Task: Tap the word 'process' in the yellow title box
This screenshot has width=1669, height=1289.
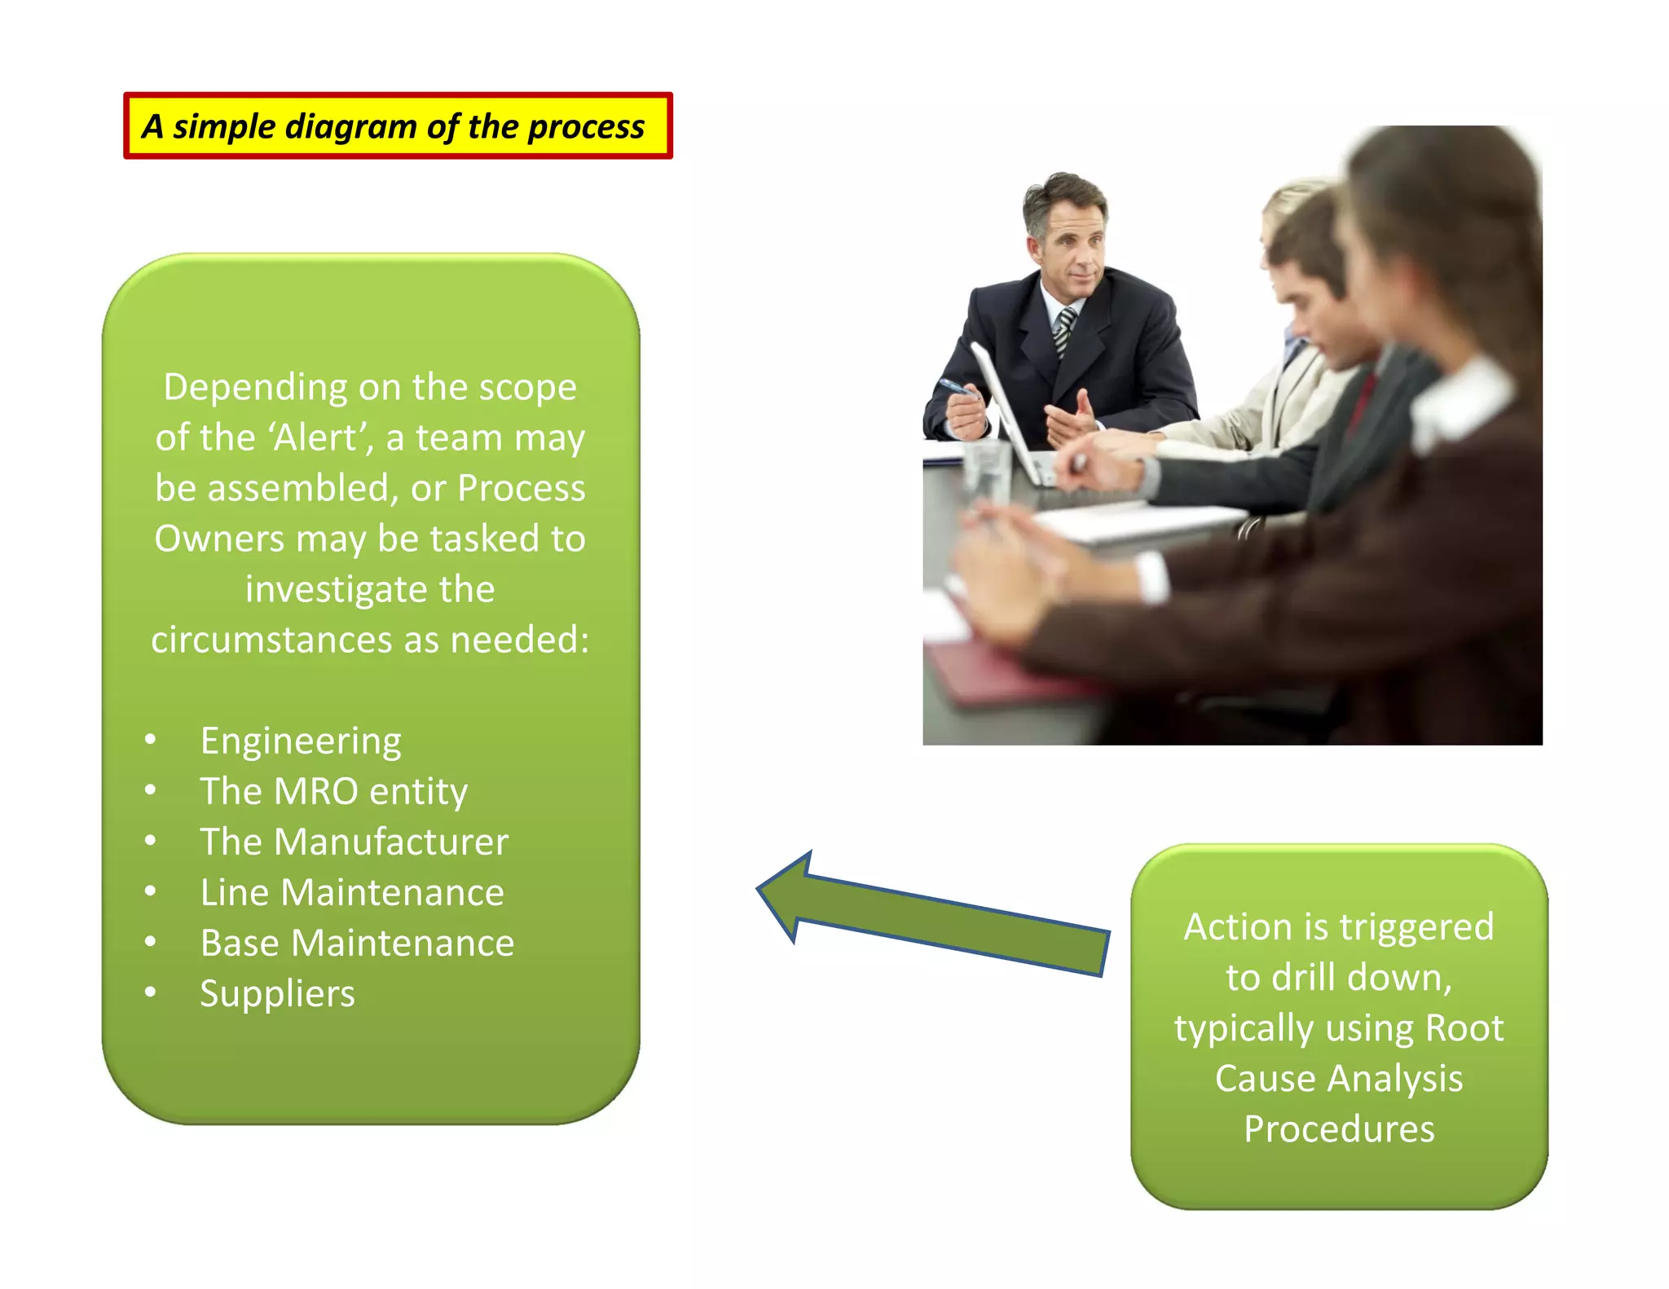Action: [586, 127]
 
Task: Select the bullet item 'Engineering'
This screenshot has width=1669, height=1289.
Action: [301, 741]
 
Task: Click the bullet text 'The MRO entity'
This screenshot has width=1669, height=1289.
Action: [334, 791]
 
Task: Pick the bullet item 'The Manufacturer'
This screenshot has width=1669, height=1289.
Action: [354, 842]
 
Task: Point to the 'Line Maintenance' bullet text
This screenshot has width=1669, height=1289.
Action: [352, 892]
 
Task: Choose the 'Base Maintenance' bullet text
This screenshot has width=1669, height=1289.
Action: [357, 943]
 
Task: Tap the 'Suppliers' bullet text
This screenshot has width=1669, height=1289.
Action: [277, 993]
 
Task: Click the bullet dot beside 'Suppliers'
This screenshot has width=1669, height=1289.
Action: [150, 992]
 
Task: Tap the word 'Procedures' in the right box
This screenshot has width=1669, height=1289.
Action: [1339, 1128]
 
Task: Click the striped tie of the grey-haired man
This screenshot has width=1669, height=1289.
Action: [1063, 330]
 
